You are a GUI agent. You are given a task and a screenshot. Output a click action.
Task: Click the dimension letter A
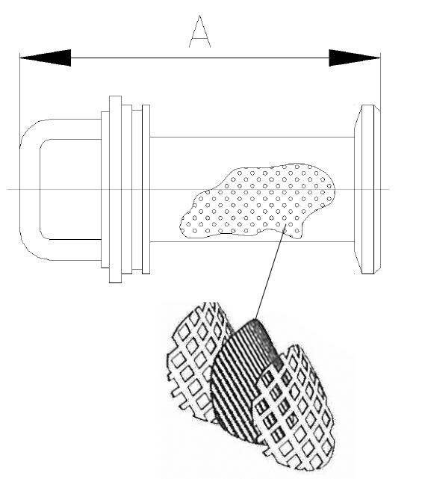click(x=199, y=31)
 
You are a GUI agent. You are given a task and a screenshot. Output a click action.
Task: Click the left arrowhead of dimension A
click(x=46, y=58)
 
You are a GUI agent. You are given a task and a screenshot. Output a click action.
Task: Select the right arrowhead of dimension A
click(x=355, y=58)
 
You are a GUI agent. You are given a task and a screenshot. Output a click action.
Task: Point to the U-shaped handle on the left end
click(x=30, y=189)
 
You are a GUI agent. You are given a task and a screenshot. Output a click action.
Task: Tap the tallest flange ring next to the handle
click(x=116, y=189)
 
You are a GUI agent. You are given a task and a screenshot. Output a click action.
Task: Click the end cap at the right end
click(x=367, y=189)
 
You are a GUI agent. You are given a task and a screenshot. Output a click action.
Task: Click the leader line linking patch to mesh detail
click(x=270, y=272)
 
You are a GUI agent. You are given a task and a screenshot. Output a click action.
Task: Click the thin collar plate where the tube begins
click(x=146, y=189)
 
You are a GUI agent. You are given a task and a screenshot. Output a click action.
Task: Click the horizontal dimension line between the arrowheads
click(x=199, y=58)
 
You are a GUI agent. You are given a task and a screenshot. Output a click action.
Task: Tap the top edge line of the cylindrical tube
click(x=252, y=137)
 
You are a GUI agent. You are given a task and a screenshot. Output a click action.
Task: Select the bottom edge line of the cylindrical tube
click(x=252, y=241)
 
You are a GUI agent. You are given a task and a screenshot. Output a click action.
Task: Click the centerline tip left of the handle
click(x=7, y=189)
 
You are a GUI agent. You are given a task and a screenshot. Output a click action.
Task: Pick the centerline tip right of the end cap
click(x=389, y=189)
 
